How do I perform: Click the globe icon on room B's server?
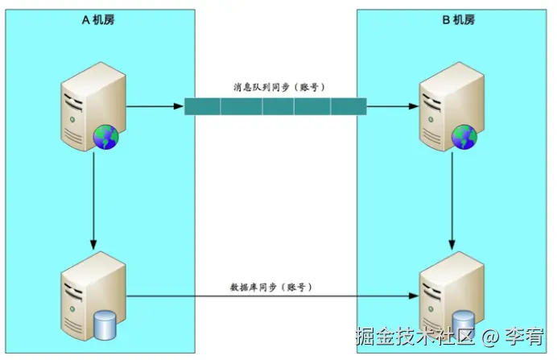pos(464,138)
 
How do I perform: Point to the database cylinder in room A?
pos(105,325)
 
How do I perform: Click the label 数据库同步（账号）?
pos(270,287)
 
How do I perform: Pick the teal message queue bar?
pos(275,106)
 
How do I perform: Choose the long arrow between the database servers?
pos(274,297)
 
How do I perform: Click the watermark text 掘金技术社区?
pos(417,335)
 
